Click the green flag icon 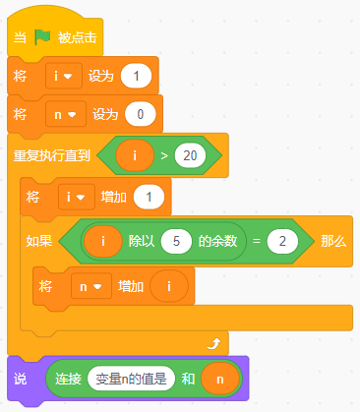coord(41,38)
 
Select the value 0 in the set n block coord(141,115)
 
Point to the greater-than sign coord(162,154)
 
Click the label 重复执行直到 coord(51,155)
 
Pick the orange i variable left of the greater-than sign coord(134,154)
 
